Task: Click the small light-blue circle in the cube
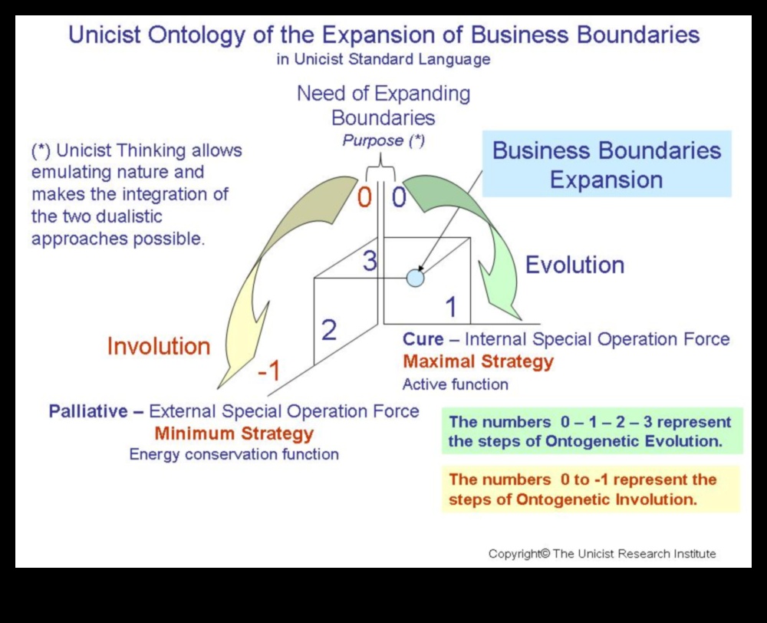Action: (415, 278)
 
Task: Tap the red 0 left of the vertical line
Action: (364, 198)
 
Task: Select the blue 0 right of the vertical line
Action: (399, 198)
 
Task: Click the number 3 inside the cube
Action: (370, 262)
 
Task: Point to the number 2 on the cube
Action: (329, 330)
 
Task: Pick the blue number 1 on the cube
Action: (451, 307)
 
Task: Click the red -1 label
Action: (268, 371)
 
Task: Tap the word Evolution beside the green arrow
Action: (574, 265)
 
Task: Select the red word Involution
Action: (159, 346)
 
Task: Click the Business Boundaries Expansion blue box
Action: (607, 164)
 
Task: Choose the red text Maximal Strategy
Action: (478, 361)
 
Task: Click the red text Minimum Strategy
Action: (234, 433)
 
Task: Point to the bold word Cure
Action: (423, 339)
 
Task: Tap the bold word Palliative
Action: (89, 411)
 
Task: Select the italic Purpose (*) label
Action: (383, 140)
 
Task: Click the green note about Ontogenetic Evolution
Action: (591, 431)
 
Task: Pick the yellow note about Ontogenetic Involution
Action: (591, 489)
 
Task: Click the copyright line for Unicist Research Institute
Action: (602, 553)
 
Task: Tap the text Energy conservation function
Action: (234, 454)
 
